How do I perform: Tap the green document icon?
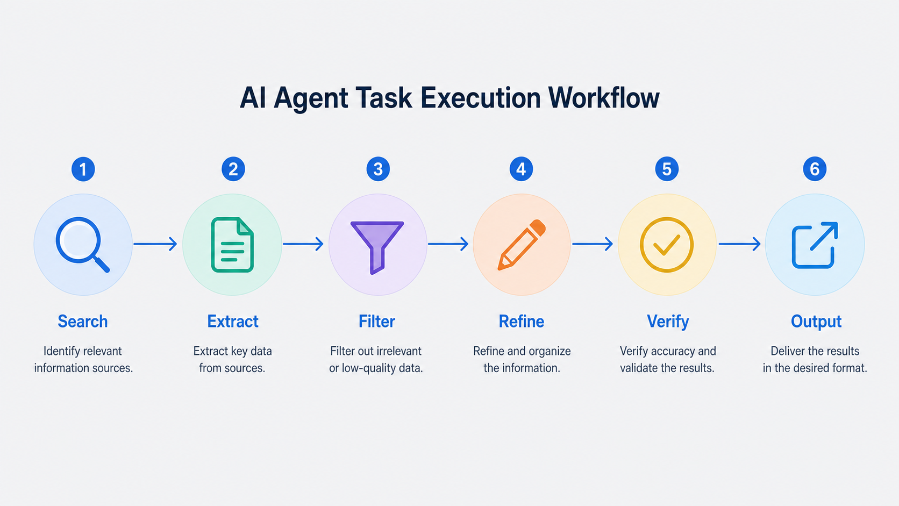click(x=232, y=245)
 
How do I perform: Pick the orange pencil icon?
click(x=522, y=245)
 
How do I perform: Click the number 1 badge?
click(x=83, y=169)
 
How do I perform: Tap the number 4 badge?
click(x=521, y=169)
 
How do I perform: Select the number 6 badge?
click(x=815, y=169)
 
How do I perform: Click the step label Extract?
click(x=233, y=322)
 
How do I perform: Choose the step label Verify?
click(x=668, y=322)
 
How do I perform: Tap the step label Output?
click(x=816, y=322)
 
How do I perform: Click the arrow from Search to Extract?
click(x=155, y=244)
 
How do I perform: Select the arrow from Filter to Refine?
click(x=448, y=244)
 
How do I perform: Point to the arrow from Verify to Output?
click(x=739, y=244)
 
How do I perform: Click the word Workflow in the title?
click(x=603, y=98)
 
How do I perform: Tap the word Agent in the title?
click(x=311, y=99)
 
